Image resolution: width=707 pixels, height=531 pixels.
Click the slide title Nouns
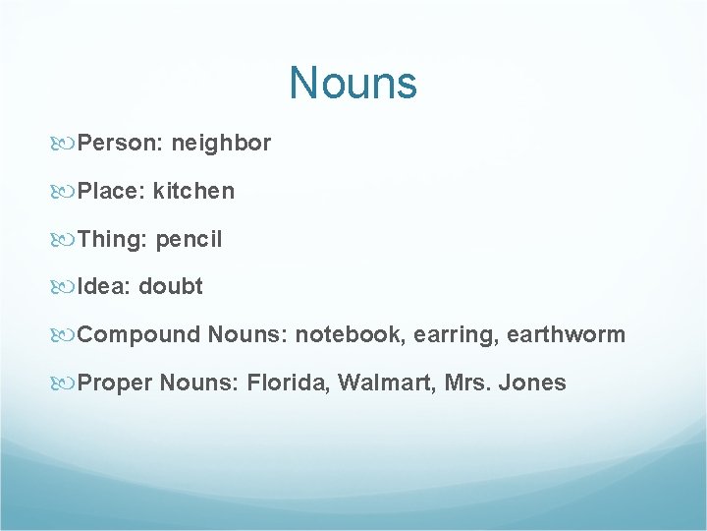[x=353, y=83]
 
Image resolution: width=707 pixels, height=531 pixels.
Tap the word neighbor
[x=221, y=144]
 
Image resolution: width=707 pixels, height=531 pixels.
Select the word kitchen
[x=193, y=191]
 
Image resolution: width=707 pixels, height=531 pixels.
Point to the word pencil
[x=190, y=239]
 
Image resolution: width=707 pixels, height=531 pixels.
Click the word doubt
[x=171, y=287]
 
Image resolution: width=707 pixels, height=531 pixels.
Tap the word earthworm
[x=567, y=335]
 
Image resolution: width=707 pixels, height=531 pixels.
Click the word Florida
[x=289, y=383]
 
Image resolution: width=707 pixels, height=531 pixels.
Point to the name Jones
[x=532, y=383]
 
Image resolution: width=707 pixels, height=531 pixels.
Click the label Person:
[x=121, y=144]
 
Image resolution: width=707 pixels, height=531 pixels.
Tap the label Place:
[x=112, y=191]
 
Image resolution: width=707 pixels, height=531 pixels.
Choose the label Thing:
[x=113, y=239]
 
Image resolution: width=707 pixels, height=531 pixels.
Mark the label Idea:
[x=105, y=287]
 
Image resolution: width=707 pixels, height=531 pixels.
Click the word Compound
[x=138, y=335]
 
